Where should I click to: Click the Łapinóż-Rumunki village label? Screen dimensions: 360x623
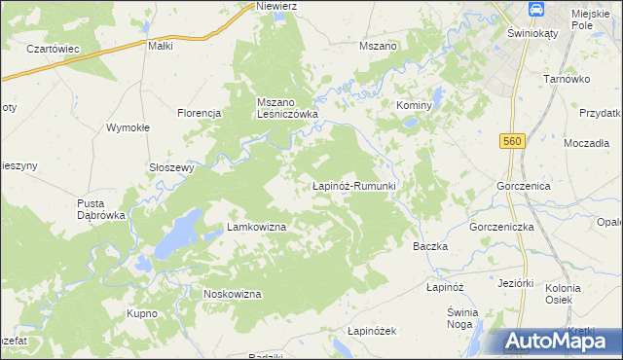click(x=352, y=185)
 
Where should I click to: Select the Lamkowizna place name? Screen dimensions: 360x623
click(x=256, y=227)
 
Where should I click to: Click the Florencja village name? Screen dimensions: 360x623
click(x=201, y=113)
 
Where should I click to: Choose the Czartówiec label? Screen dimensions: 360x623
click(x=53, y=49)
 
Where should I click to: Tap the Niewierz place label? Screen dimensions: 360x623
click(x=275, y=6)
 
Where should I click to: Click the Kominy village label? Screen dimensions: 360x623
click(x=413, y=104)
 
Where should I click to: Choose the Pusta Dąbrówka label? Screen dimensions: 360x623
click(x=101, y=209)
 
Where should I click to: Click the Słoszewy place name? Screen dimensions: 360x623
click(x=171, y=166)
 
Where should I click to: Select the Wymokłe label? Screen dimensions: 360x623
click(x=127, y=127)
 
